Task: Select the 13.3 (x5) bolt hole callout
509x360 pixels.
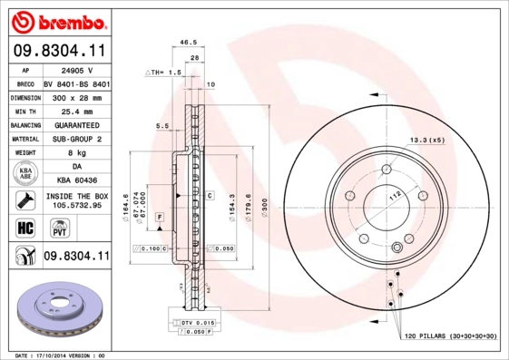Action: (426, 141)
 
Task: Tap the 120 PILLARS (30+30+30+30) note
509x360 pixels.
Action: (451, 336)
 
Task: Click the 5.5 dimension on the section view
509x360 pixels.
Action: (162, 125)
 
